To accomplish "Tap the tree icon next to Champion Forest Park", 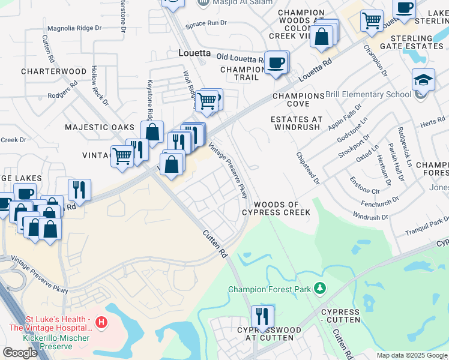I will click(320, 289).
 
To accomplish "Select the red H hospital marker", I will click(101, 323).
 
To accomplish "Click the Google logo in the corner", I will click(20, 352).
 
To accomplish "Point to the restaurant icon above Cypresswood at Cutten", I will click(262, 316).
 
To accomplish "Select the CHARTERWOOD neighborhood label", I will click(54, 71).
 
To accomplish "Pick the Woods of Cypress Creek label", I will click(276, 208).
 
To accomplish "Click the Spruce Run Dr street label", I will click(206, 23).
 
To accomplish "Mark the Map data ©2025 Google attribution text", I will click(412, 355).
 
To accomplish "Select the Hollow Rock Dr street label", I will click(100, 85).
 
